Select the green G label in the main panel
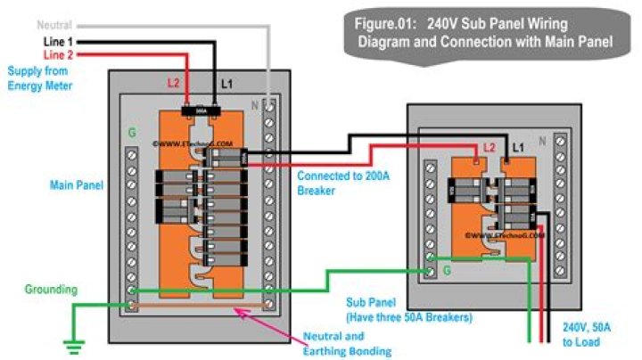[x=132, y=134]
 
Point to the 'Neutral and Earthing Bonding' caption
[x=356, y=344]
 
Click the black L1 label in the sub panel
[x=517, y=145]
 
